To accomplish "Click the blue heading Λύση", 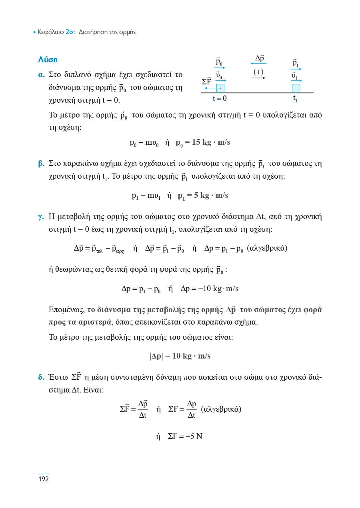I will click(x=48, y=60).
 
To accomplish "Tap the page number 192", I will click(x=43, y=479).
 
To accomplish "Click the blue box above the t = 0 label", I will click(x=220, y=88).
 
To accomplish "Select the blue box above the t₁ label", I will click(x=296, y=88).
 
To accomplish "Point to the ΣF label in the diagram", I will click(x=206, y=82).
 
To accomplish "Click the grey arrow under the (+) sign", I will click(x=258, y=78).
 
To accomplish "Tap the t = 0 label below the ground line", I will click(x=220, y=98).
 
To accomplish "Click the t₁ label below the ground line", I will click(x=295, y=98).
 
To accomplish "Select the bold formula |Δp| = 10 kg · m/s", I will click(x=180, y=356).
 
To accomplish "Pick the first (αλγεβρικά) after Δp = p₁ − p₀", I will click(x=267, y=248).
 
